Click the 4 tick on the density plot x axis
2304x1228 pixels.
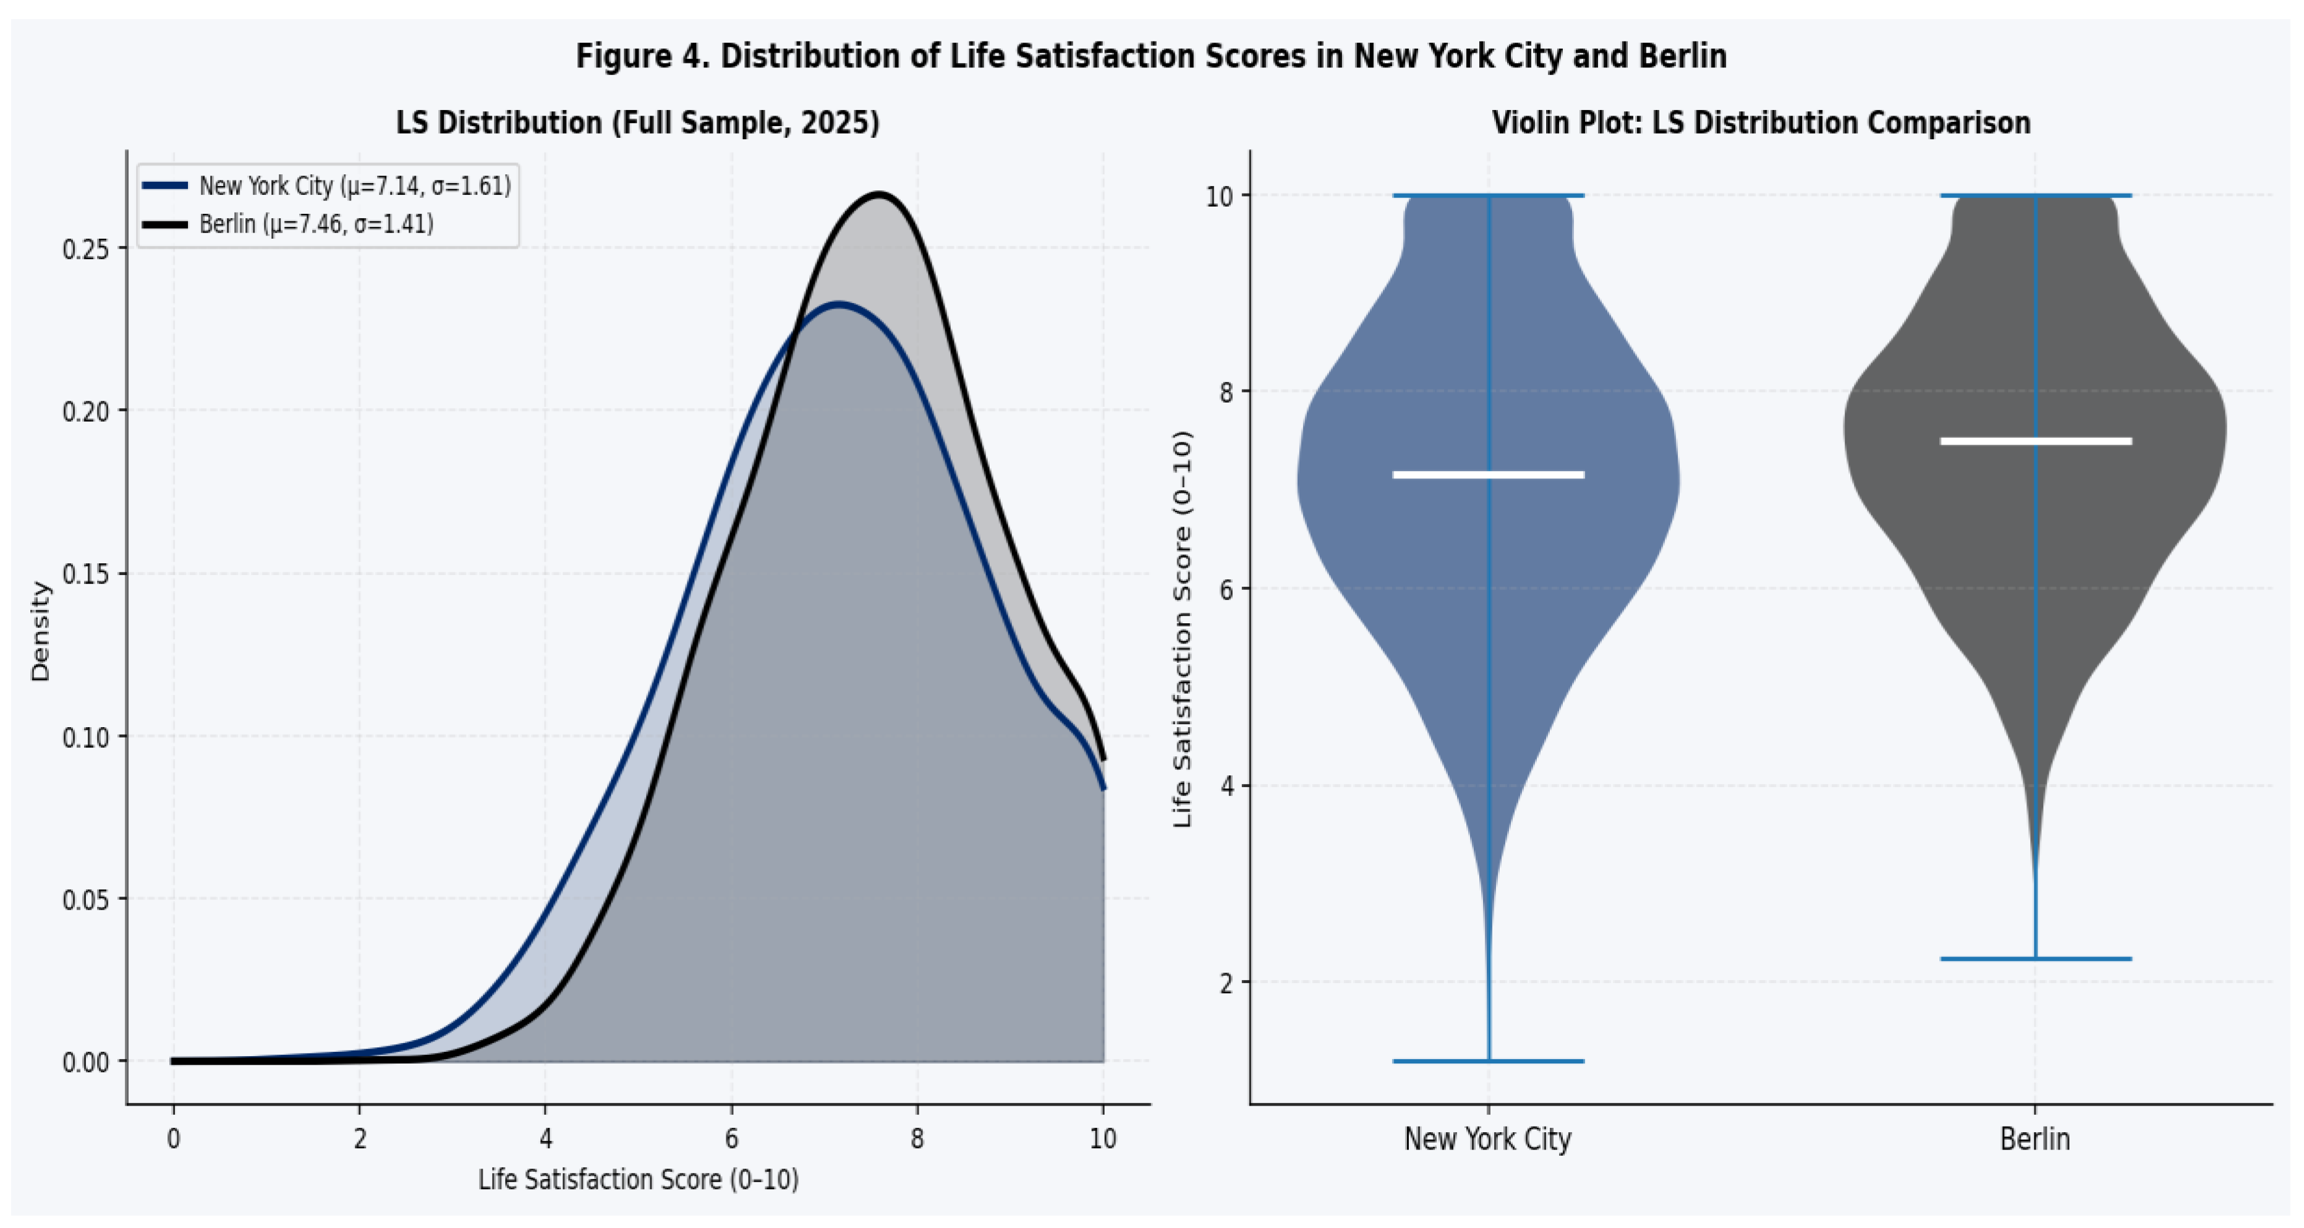546,1138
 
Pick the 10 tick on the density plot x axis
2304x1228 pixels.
1103,1138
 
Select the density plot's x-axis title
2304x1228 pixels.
639,1180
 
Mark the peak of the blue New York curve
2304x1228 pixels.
838,304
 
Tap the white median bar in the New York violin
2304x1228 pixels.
1489,475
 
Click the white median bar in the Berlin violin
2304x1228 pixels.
2036,441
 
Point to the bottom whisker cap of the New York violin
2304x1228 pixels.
1489,1061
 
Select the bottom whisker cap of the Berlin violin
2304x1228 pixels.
2036,959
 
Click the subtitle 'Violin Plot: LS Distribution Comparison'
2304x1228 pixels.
1761,122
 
